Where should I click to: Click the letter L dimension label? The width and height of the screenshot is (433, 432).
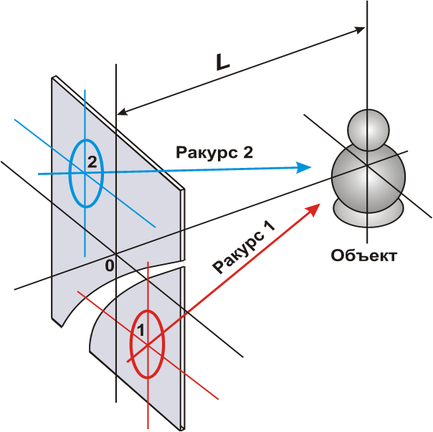222,62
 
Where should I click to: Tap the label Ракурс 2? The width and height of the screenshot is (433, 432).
214,153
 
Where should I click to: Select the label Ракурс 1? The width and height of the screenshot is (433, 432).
244,247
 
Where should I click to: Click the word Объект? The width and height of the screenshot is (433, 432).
364,255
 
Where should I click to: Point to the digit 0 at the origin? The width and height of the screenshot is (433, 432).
110,266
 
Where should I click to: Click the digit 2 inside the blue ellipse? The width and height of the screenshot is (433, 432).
92,162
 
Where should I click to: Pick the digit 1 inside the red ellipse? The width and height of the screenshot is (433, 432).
141,330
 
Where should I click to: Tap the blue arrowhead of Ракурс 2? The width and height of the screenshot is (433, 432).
303,167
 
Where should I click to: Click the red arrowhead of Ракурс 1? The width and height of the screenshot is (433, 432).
313,210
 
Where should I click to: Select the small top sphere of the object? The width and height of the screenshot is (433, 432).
368,130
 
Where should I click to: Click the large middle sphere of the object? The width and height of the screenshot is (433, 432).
368,177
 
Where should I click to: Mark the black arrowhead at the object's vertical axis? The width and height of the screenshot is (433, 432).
360,29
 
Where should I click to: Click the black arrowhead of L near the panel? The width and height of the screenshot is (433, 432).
123,112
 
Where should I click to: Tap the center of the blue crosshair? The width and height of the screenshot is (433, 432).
85,173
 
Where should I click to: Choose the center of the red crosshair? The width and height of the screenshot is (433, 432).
148,344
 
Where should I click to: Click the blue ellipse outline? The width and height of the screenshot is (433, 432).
69,173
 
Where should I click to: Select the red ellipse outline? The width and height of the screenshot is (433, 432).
130,344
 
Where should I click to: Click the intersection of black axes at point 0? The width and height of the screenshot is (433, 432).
116,253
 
